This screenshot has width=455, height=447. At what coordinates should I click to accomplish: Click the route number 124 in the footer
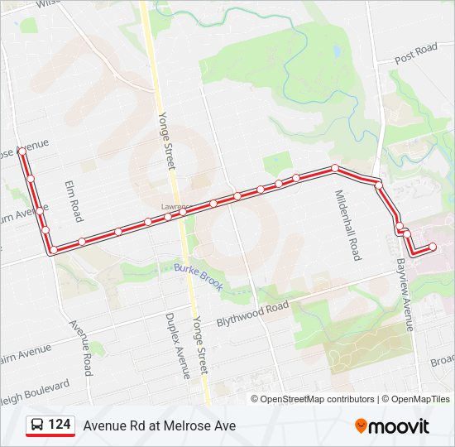point(59,425)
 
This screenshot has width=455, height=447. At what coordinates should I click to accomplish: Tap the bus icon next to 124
point(37,425)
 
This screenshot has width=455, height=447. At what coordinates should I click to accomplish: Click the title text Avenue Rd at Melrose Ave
point(159,425)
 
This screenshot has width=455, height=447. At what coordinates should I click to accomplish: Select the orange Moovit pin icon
point(361,426)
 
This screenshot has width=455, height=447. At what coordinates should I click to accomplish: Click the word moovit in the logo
point(400,426)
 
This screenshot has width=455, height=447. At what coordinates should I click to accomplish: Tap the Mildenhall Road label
point(347,225)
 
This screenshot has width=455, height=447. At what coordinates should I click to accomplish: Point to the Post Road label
point(415,54)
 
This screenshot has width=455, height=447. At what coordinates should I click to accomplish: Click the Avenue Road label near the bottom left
point(80,348)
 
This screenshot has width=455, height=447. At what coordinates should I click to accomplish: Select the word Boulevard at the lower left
point(39,387)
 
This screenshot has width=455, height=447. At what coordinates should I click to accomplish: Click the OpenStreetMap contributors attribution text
point(316,399)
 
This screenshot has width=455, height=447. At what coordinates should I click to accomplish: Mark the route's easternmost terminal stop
point(433,247)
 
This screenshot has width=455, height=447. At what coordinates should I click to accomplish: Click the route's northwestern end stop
point(22,152)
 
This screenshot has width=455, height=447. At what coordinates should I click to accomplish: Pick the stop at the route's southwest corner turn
point(54,249)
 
